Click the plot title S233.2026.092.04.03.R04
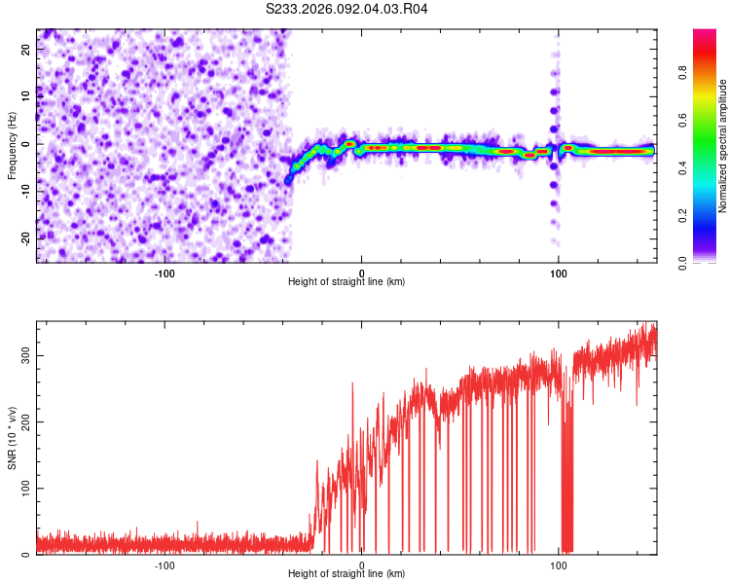[x=347, y=9]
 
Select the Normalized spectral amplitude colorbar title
[x=723, y=146]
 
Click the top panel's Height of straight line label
[x=347, y=281]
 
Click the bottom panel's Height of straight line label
[x=347, y=573]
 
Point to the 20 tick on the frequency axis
[x=25, y=49]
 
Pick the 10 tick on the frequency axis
[x=25, y=96]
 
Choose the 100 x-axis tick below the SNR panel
[x=559, y=565]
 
